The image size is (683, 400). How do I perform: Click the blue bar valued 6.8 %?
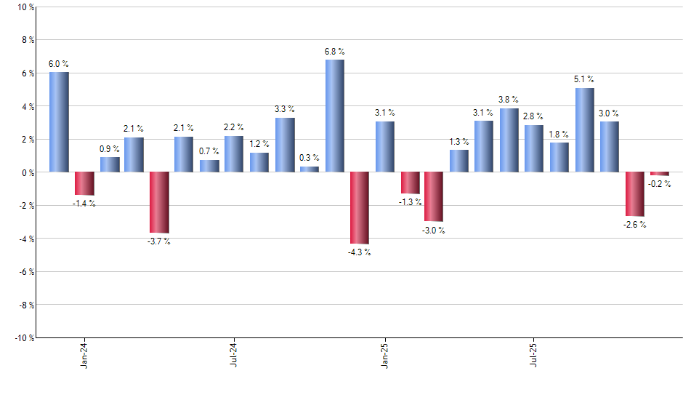point(335,116)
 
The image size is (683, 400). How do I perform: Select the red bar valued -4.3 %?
point(360,208)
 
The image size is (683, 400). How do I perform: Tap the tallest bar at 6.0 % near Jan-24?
point(60,122)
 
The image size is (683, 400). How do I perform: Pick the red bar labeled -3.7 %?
point(159,202)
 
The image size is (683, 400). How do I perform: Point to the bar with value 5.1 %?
point(585,130)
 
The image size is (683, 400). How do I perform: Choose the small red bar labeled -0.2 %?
point(660,174)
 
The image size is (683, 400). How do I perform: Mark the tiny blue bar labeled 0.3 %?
point(310,169)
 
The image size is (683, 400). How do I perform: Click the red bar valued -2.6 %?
point(635,194)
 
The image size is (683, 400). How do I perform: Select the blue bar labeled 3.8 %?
point(509,140)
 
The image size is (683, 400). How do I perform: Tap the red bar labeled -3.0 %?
point(435,196)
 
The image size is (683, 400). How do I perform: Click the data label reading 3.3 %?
point(285,109)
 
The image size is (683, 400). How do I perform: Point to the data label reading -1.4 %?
point(84,204)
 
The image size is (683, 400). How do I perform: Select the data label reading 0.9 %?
point(110,149)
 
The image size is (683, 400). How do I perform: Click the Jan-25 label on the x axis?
point(384,354)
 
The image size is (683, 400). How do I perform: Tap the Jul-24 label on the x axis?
point(234,354)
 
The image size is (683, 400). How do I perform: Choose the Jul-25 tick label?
point(534,354)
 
